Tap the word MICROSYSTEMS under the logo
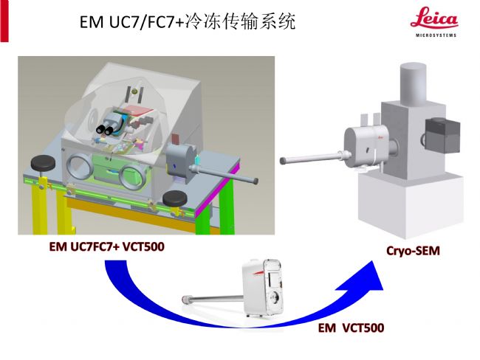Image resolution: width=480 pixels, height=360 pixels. (433, 34)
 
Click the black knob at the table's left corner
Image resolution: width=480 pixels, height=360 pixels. (41, 162)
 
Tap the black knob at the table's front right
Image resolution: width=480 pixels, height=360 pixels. (174, 197)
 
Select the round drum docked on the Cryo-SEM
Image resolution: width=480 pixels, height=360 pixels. (362, 145)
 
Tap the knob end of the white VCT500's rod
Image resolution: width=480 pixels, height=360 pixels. (181, 297)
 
